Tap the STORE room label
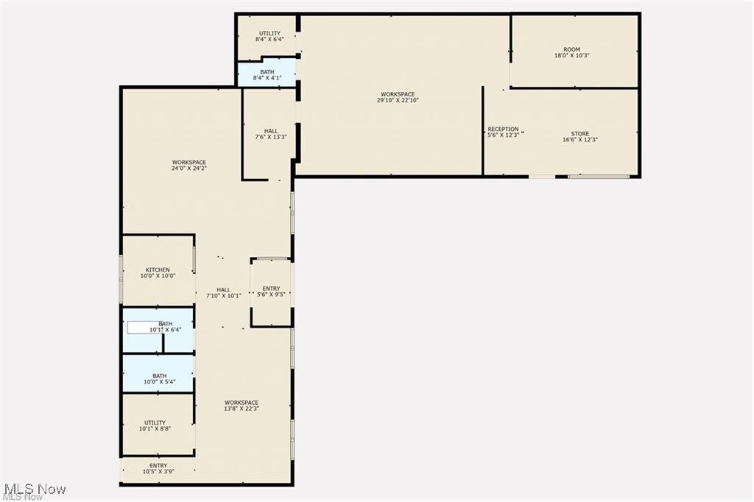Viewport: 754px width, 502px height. [x=579, y=137]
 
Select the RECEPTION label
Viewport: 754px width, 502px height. [x=504, y=132]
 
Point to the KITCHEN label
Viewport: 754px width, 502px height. [x=158, y=273]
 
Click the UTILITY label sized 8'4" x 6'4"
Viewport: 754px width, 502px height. [x=269, y=36]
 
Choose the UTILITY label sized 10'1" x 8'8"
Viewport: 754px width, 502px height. [x=155, y=425]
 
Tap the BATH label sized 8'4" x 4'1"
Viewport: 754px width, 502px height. [x=267, y=74]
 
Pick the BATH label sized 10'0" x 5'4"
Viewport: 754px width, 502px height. [x=159, y=379]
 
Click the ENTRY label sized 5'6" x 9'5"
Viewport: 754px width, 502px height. [x=271, y=291]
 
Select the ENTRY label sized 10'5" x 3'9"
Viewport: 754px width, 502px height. [x=158, y=468]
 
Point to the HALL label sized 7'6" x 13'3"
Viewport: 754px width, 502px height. [x=271, y=133]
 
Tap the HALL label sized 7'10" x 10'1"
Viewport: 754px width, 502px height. [x=223, y=292]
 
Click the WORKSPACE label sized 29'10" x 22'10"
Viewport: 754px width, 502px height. [x=397, y=97]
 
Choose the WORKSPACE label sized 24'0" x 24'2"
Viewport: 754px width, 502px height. [x=189, y=166]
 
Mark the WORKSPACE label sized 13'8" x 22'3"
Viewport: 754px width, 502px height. [x=242, y=405]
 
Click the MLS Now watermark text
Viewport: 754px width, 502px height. [x=35, y=489]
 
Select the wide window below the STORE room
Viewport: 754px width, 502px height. [x=599, y=177]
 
